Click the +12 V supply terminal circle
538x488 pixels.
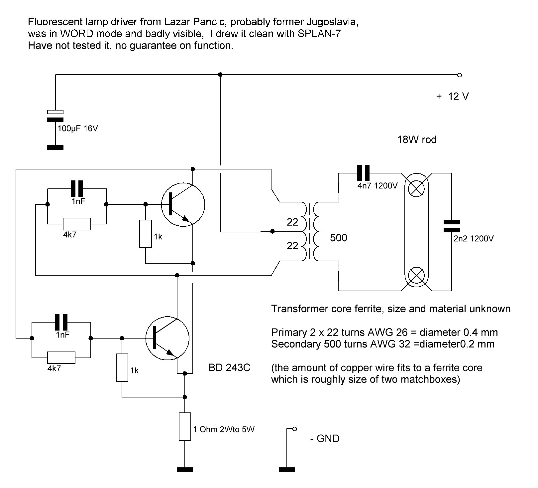point(460,75)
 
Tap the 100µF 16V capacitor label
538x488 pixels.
point(78,128)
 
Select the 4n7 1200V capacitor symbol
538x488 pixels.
point(363,173)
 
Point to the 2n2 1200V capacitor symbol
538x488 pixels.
point(451,226)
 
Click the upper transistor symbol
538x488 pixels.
point(182,205)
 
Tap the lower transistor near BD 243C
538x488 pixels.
point(167,339)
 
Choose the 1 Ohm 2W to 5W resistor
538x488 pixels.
point(185,426)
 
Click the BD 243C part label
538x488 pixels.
point(229,368)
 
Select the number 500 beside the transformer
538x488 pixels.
point(338,238)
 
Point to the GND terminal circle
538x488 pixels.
point(295,429)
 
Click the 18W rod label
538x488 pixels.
point(417,139)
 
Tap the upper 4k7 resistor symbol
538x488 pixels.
point(77,224)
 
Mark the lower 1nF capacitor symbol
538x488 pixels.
point(61,322)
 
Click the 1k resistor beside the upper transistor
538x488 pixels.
point(146,234)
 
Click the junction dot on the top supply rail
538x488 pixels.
point(220,75)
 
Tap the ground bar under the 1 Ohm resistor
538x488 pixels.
point(185,470)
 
